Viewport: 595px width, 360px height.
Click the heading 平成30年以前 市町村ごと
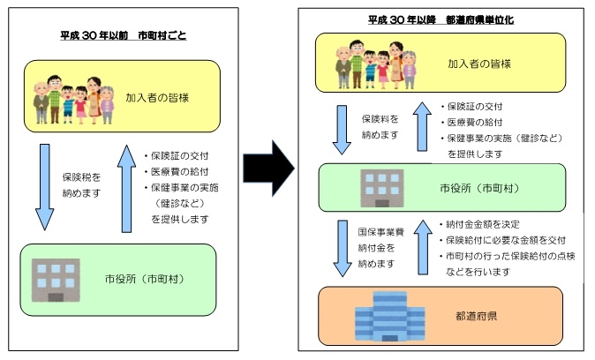click(122, 35)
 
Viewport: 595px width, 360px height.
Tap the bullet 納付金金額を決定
click(484, 224)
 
